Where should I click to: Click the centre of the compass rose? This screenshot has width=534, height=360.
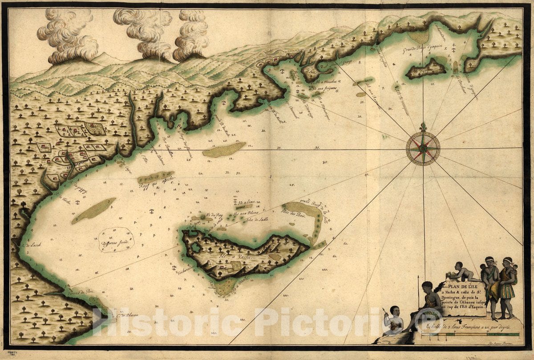[x=423, y=148]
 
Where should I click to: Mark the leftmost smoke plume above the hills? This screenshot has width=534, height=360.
[x=69, y=38]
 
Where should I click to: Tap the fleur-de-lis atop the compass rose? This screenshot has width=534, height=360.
[x=423, y=128]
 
